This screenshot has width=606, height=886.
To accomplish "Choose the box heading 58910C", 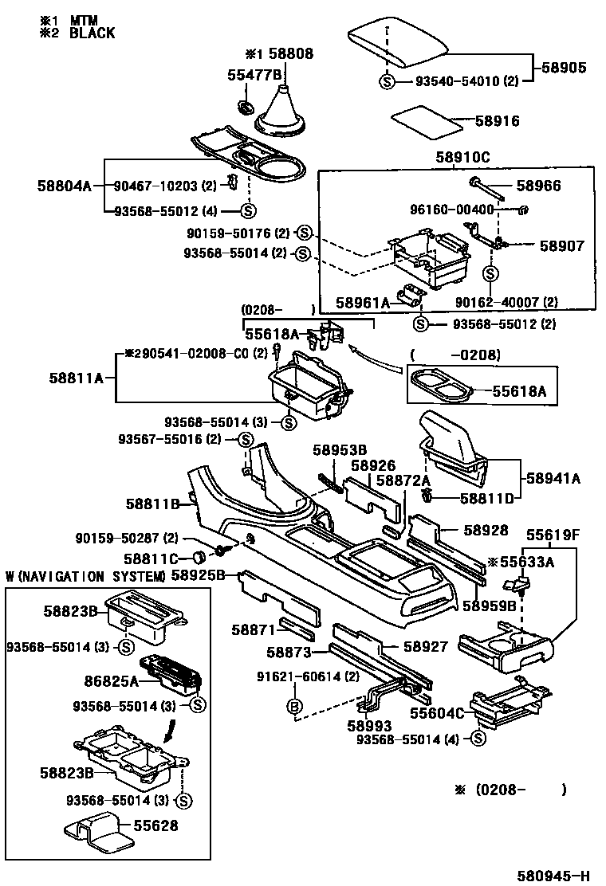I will pyautogui.click(x=462, y=157).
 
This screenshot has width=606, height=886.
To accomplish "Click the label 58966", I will pyautogui.click(x=538, y=186).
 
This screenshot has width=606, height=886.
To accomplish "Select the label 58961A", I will pyautogui.click(x=362, y=303).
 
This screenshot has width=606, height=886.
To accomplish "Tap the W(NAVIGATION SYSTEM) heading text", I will pyautogui.click(x=86, y=576).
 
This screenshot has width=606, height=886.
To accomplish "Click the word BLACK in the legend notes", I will pyautogui.click(x=92, y=33).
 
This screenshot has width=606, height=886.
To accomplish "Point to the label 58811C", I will pyautogui.click(x=151, y=558).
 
